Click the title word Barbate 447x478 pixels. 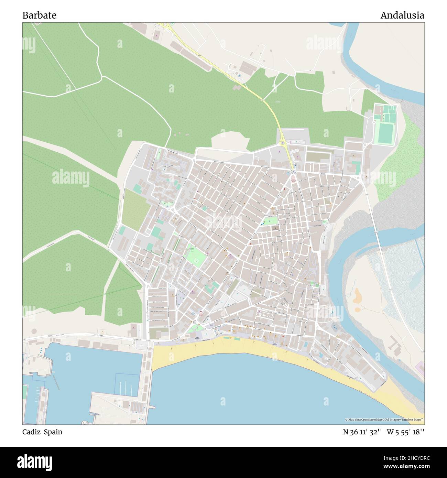click(40, 15)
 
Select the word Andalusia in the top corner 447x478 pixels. click(402, 15)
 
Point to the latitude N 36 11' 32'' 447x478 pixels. click(362, 432)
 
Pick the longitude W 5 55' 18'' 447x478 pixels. click(405, 432)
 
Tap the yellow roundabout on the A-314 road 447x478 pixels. click(283, 142)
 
